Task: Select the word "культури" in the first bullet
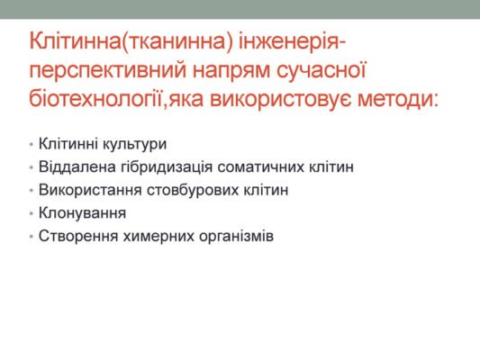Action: point(133,143)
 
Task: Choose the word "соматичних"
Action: point(252,166)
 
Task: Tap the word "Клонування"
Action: point(82,213)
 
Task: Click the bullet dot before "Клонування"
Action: point(32,214)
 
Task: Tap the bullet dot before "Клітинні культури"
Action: point(32,144)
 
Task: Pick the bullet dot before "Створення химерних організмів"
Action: point(32,238)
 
